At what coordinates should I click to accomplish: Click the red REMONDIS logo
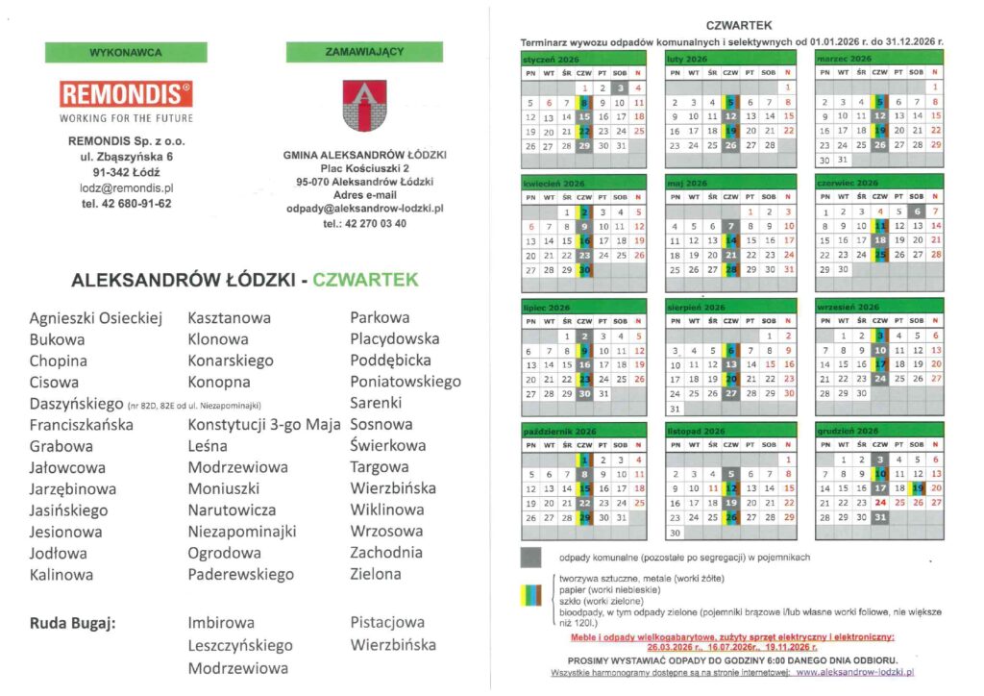point(126,94)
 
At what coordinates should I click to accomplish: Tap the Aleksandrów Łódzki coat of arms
point(364,103)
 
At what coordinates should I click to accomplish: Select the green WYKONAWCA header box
point(125,52)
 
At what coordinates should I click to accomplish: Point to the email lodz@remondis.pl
point(126,187)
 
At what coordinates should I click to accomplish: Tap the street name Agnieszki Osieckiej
point(96,317)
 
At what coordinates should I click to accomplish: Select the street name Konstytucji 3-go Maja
point(265,424)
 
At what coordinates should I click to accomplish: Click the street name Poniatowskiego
point(406,382)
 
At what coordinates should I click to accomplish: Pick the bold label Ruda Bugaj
point(73,623)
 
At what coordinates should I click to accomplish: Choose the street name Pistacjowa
point(387,623)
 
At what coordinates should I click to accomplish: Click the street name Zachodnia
point(386,553)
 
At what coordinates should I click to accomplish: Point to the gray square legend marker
point(530,558)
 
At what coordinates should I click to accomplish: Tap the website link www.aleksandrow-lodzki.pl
point(853,674)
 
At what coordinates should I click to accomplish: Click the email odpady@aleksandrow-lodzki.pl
point(364,208)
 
